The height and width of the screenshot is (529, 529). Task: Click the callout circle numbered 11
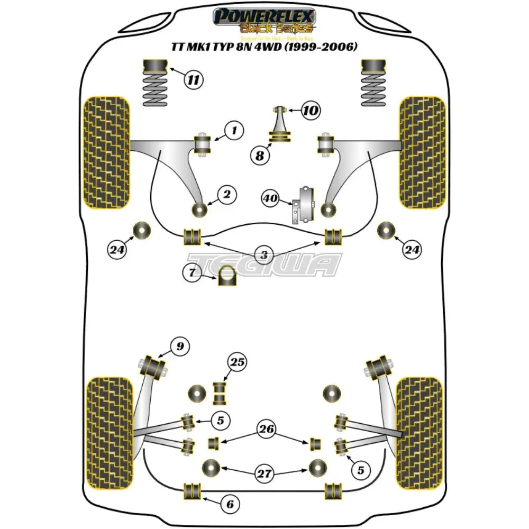click(194, 80)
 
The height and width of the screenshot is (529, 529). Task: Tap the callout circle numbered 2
click(226, 195)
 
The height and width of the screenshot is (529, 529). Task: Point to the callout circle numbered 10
click(312, 111)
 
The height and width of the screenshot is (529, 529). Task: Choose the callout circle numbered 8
click(260, 156)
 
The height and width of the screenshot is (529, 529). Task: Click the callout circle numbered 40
click(270, 199)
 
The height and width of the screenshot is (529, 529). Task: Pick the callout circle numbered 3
click(264, 255)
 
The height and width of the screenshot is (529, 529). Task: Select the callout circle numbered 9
click(180, 346)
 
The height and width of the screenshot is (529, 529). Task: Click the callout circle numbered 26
click(268, 429)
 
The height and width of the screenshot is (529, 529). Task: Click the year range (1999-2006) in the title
click(324, 47)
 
